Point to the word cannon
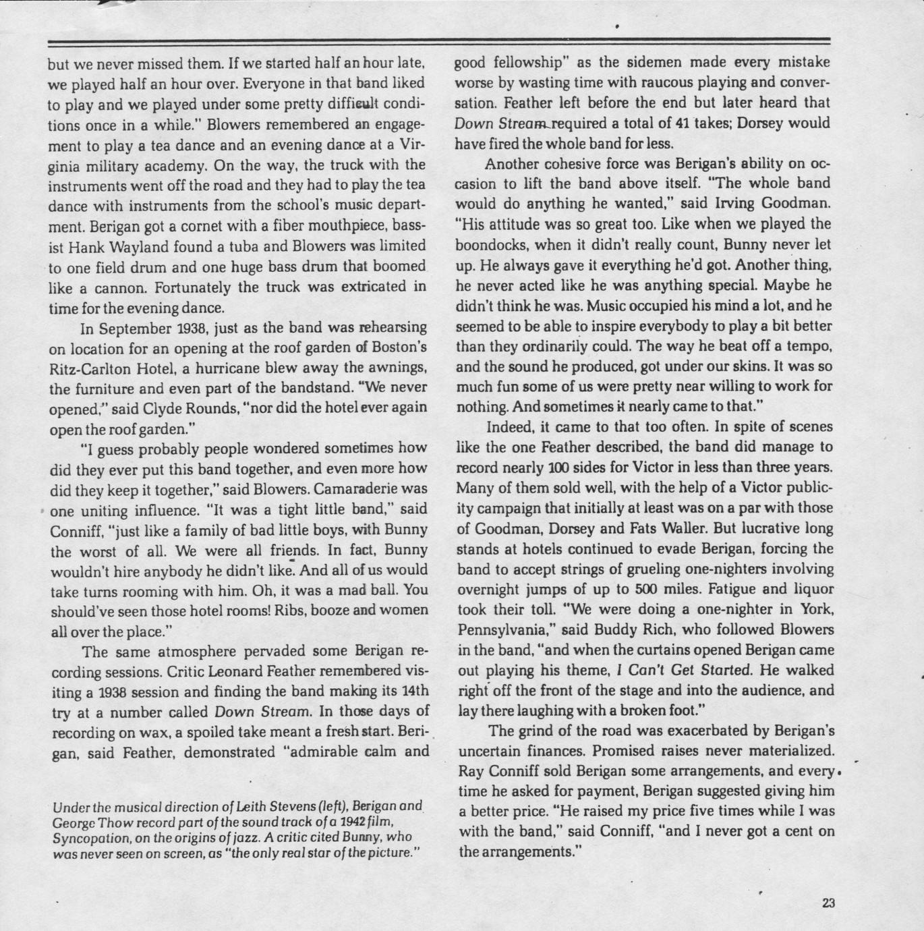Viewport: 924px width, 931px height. pos(119,288)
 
